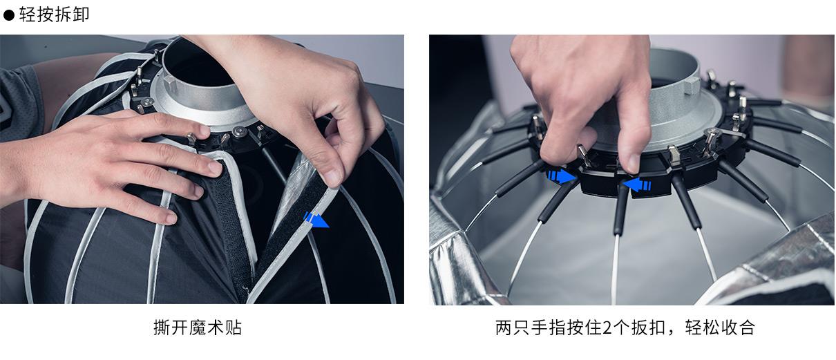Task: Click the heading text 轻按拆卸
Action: [x=54, y=15]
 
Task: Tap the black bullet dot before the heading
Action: [x=9, y=15]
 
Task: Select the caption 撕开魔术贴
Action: [x=198, y=327]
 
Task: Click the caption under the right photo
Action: [x=625, y=327]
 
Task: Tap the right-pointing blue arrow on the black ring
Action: [x=560, y=176]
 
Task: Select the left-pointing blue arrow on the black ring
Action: [x=636, y=184]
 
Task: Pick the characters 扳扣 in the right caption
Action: [x=647, y=328]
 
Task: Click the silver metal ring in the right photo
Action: [x=681, y=104]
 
